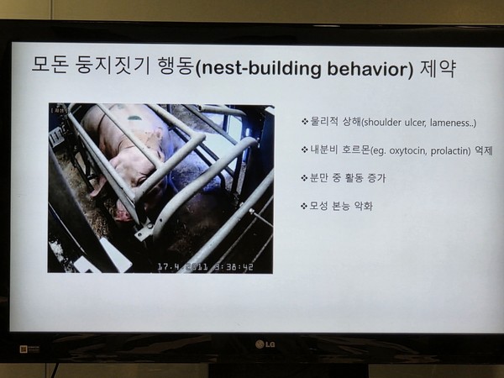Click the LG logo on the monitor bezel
pyautogui.click(x=265, y=344)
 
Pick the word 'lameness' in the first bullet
pyautogui.click(x=451, y=123)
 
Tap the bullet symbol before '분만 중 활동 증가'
pyautogui.click(x=304, y=178)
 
